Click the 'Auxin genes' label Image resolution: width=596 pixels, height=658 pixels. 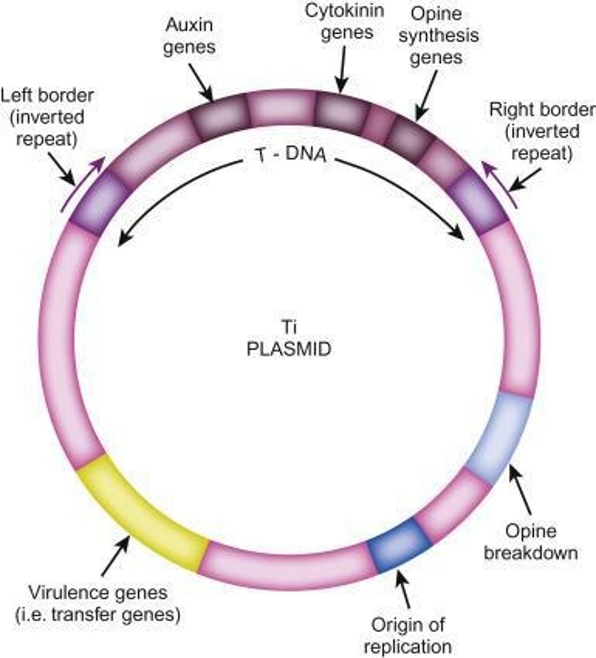(190, 36)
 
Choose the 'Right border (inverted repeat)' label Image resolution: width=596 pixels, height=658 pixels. (541, 132)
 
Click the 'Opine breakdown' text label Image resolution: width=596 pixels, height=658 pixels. (530, 541)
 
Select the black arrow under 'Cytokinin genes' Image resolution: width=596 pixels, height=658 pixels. (343, 69)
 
